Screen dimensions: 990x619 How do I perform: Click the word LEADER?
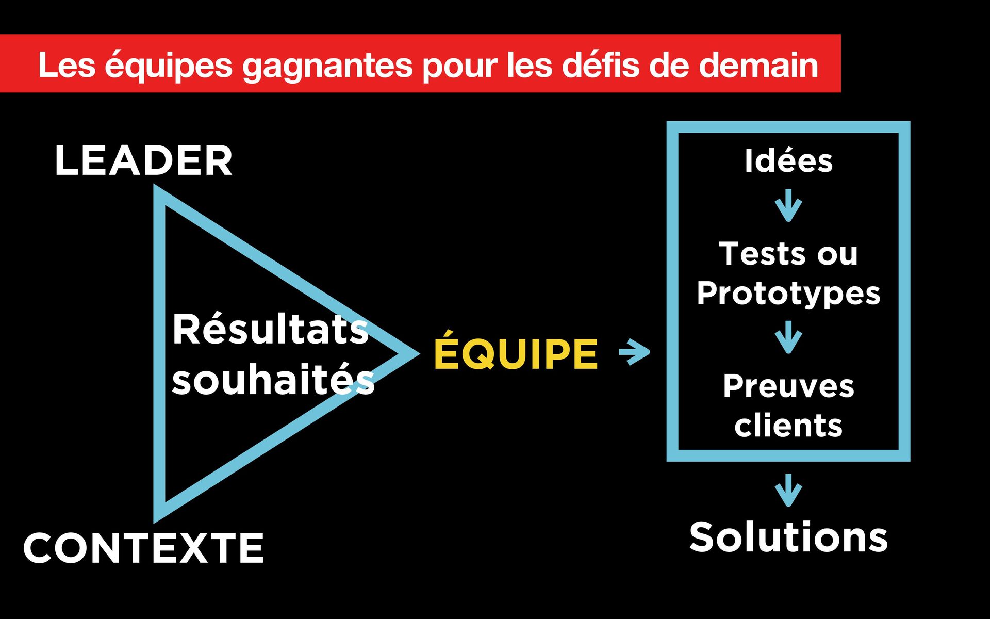click(x=143, y=160)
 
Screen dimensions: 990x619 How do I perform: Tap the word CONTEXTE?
click(x=143, y=548)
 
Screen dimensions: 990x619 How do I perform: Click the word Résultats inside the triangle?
click(x=270, y=330)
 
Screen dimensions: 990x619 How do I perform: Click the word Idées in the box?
click(x=788, y=160)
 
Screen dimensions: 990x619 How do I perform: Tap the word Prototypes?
click(x=788, y=293)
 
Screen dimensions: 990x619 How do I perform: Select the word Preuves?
click(x=788, y=386)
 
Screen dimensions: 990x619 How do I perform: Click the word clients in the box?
click(x=788, y=426)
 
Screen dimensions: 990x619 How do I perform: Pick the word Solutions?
click(x=788, y=537)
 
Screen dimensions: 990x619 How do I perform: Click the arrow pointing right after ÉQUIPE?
click(x=635, y=352)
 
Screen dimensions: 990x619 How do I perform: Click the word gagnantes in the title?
click(x=327, y=66)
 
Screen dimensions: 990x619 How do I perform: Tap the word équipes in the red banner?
click(x=169, y=66)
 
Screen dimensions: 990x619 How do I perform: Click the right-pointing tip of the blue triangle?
click(x=412, y=354)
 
